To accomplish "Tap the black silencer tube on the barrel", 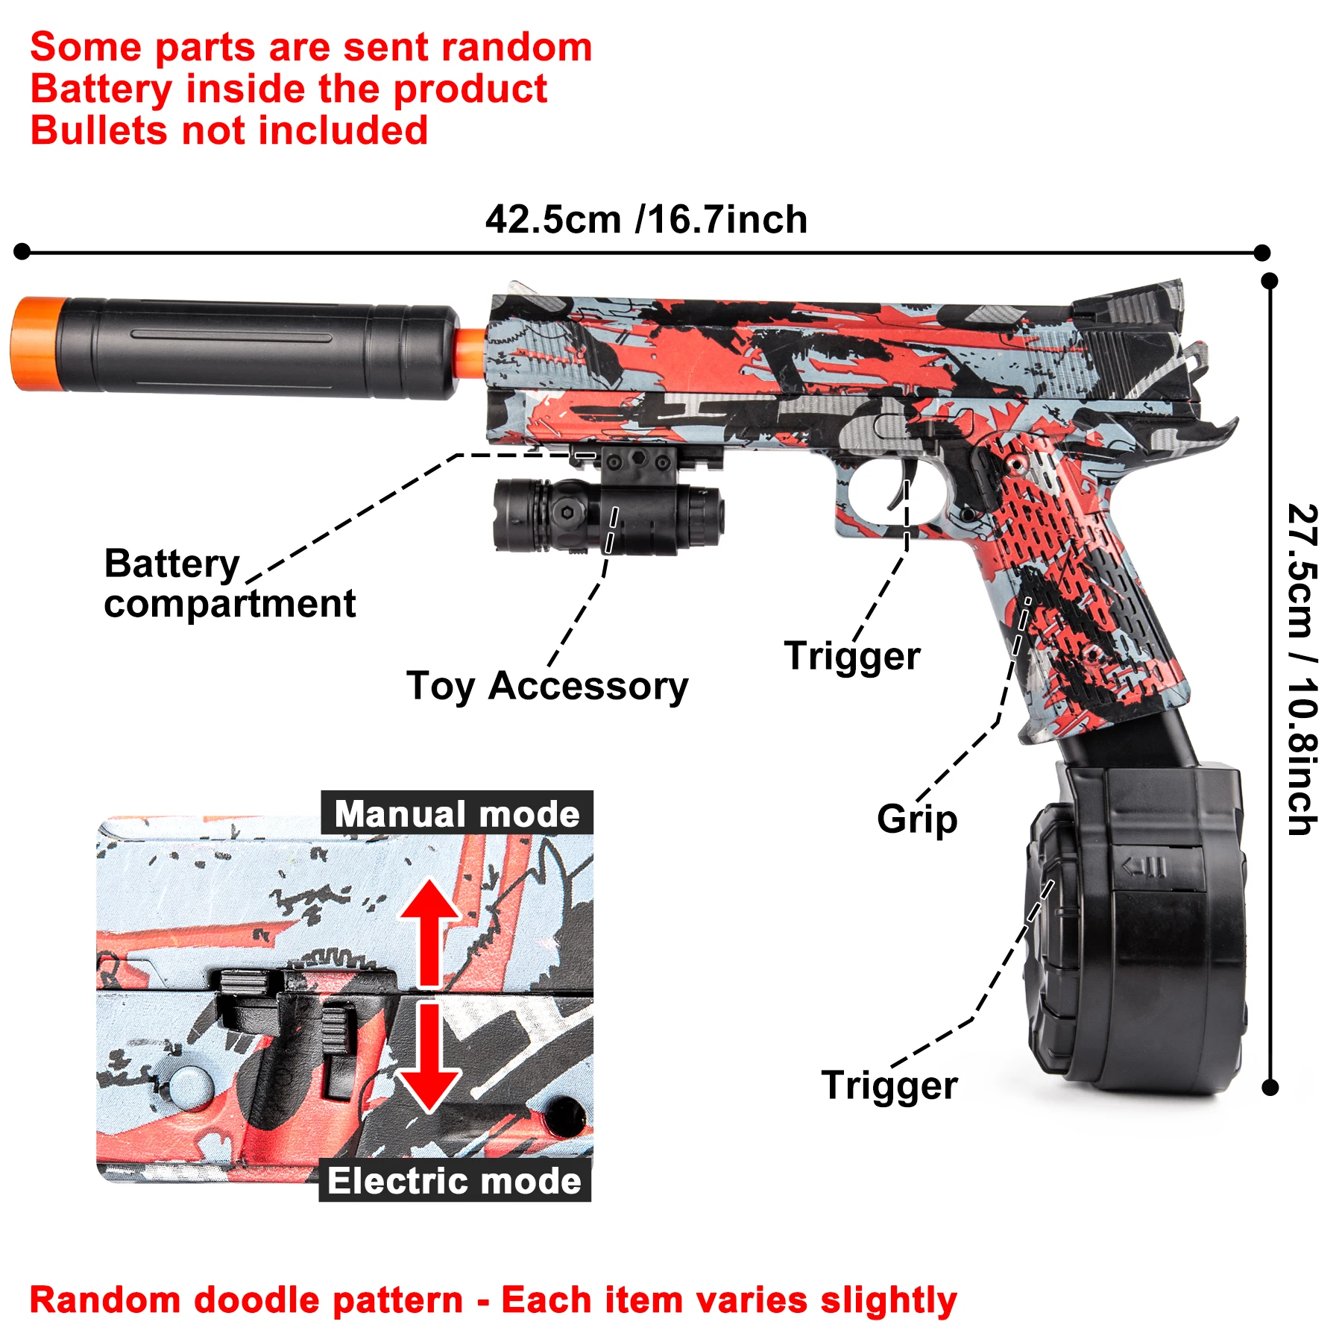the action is pos(253,347).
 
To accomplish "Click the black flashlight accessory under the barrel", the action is pos(608,514).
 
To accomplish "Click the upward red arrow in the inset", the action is pos(429,932).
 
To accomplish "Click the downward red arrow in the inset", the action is pos(429,1059).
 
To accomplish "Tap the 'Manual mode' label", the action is pos(457,813).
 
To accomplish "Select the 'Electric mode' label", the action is pos(455,1181).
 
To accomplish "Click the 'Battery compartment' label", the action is pos(229,584).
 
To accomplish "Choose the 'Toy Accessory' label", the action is pos(547,686).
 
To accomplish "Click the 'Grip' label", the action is pos(917,819).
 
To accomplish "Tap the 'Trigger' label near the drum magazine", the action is pos(889,1086).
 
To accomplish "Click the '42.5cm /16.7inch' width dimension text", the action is pos(646,220).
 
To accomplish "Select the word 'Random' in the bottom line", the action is pos(104,1301).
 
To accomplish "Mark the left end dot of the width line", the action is pos(22,251).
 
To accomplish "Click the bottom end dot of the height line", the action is pos(1270,1088).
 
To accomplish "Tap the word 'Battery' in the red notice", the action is pos(101,89).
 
